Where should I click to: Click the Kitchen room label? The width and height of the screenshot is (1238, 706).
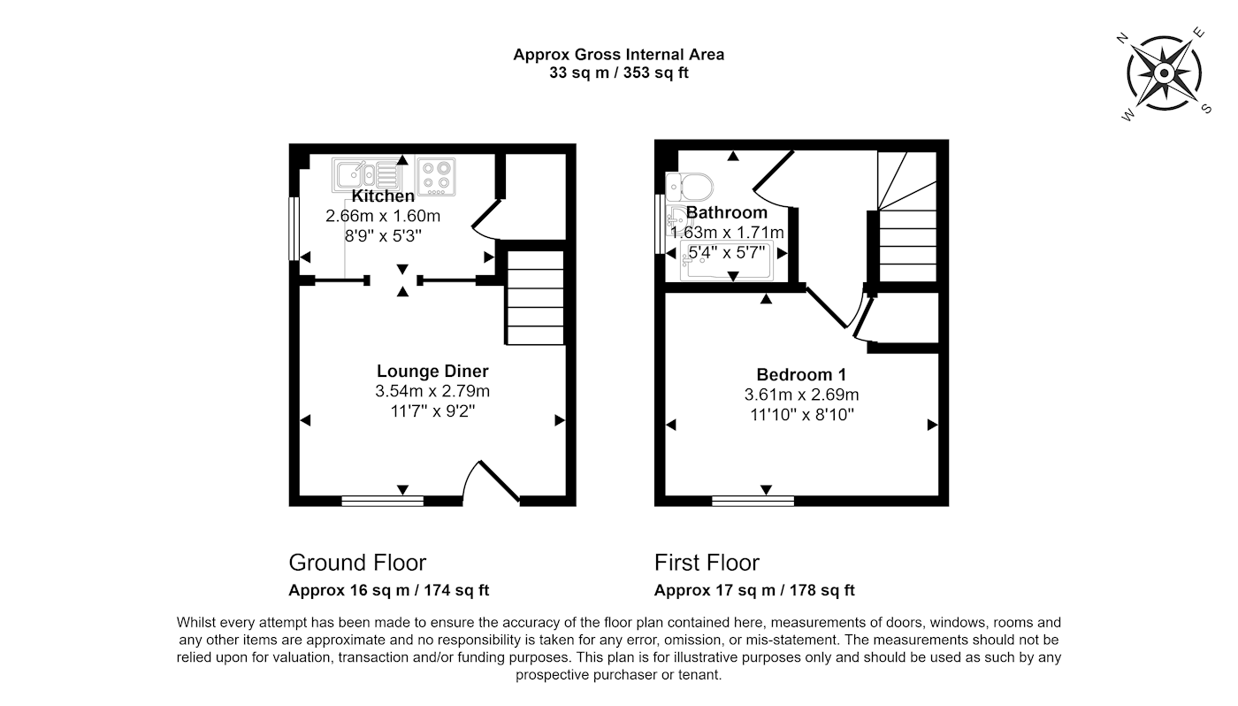coord(383,196)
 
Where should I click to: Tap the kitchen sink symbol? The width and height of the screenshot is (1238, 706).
coord(367,175)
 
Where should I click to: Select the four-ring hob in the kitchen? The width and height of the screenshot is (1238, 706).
coord(436,176)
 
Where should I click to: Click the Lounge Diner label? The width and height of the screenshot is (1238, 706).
coord(432,371)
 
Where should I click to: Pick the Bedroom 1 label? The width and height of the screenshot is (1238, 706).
coord(801,375)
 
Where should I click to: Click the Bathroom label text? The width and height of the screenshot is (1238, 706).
coord(727,212)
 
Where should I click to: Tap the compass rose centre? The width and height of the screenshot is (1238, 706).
coord(1165,73)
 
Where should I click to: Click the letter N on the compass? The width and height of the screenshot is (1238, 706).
coord(1122,38)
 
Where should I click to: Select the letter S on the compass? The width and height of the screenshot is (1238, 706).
coord(1207,108)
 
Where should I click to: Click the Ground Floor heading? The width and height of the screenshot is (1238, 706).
coord(357,563)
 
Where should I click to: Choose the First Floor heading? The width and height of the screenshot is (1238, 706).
coord(707,563)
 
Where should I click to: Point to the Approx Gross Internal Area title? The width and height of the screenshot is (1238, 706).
coord(619,55)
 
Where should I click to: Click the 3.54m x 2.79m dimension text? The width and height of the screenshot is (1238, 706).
coord(432,391)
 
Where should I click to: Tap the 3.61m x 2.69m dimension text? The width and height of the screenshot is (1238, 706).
coord(801,395)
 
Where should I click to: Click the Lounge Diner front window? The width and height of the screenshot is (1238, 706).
coord(382,501)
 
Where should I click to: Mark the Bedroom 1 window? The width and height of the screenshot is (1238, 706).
coord(753,501)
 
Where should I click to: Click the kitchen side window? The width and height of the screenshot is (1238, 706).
coord(294,228)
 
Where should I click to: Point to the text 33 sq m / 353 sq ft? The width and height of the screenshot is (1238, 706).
coord(619,73)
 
